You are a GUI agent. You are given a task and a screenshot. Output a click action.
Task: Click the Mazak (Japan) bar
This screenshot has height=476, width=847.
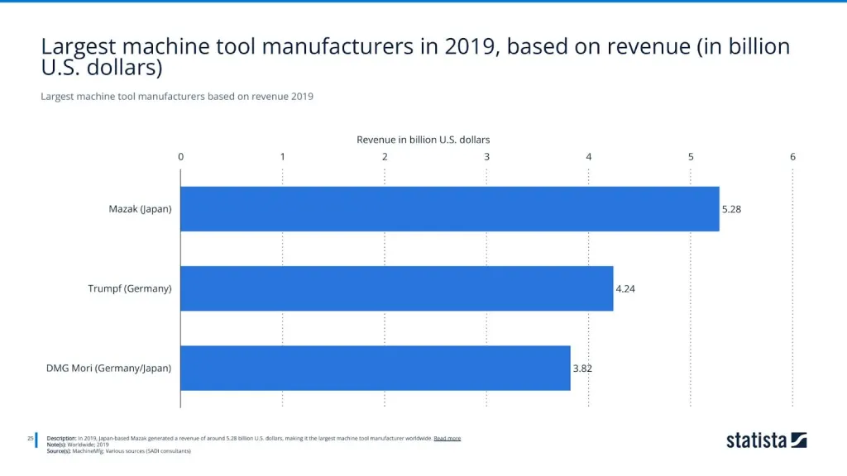pyautogui.click(x=449, y=209)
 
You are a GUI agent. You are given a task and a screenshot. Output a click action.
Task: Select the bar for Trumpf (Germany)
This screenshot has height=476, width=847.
pyautogui.click(x=396, y=288)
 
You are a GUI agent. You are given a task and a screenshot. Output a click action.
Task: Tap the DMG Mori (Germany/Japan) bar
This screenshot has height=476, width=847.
pyautogui.click(x=375, y=368)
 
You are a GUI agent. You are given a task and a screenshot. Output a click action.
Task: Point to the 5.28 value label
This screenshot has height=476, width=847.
pyautogui.click(x=731, y=209)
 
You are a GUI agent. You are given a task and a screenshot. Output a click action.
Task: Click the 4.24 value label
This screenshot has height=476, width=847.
pyautogui.click(x=625, y=288)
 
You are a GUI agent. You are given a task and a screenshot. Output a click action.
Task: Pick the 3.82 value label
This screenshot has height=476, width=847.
pyautogui.click(x=582, y=368)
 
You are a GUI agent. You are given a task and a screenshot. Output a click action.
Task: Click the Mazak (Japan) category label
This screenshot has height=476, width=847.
pyautogui.click(x=140, y=209)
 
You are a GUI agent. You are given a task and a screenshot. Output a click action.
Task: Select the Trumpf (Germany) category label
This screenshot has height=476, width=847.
pyautogui.click(x=130, y=288)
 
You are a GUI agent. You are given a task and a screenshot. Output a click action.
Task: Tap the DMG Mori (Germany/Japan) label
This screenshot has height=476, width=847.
pyautogui.click(x=108, y=368)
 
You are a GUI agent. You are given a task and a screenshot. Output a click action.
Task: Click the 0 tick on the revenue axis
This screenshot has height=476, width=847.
pyautogui.click(x=180, y=156)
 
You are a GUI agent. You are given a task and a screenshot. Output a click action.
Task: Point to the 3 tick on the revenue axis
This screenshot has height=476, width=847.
pyautogui.click(x=486, y=156)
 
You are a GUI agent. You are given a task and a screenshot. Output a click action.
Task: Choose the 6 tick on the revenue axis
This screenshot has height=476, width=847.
pyautogui.click(x=792, y=156)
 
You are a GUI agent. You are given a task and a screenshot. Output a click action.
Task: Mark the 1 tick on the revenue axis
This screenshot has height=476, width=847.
pyautogui.click(x=283, y=156)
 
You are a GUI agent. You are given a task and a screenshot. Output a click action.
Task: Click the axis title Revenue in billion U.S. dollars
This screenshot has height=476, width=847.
pyautogui.click(x=423, y=140)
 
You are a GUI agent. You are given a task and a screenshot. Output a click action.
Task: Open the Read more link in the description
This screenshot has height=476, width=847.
pyautogui.click(x=447, y=438)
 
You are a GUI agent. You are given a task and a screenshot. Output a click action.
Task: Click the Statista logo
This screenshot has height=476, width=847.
pyautogui.click(x=766, y=440)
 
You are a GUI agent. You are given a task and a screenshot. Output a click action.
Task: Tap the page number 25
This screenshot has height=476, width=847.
pyautogui.click(x=30, y=438)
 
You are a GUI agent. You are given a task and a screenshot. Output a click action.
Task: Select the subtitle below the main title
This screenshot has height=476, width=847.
pyautogui.click(x=176, y=97)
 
